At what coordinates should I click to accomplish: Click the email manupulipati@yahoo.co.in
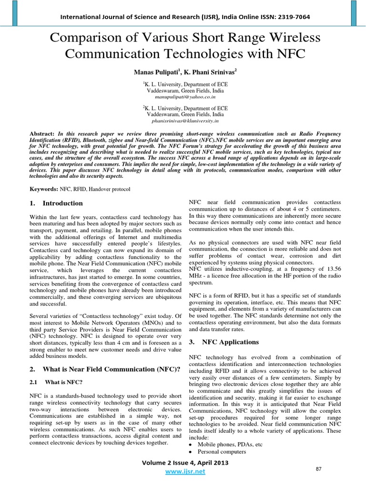pos(183,97)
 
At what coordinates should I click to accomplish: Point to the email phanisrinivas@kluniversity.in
pos(183,122)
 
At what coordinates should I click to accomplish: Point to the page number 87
pos(319,469)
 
